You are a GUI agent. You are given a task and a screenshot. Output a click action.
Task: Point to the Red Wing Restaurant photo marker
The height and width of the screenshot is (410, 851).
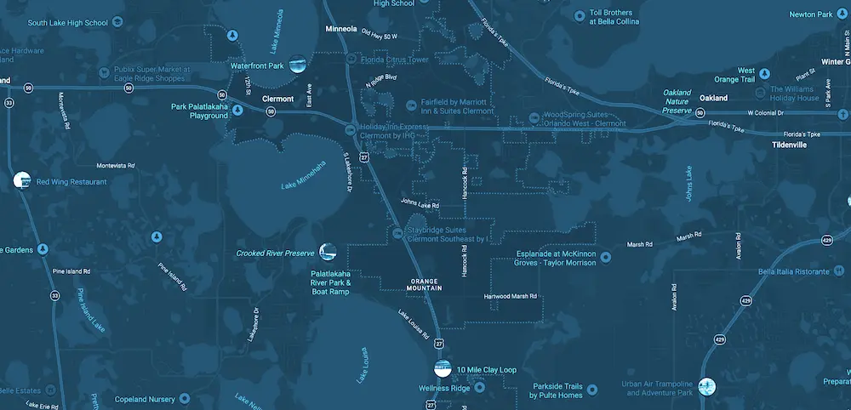click(22, 180)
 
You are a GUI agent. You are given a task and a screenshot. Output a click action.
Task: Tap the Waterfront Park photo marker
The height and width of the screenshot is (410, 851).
click(298, 64)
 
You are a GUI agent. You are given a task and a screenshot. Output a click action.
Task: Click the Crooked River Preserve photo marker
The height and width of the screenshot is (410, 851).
click(328, 252)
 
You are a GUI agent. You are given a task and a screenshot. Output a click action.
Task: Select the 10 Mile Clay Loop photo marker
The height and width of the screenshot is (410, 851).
click(443, 368)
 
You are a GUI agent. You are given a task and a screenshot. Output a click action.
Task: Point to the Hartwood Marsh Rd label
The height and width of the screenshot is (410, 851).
click(511, 297)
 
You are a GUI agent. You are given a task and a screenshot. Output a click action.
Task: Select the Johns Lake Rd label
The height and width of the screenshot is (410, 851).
click(420, 204)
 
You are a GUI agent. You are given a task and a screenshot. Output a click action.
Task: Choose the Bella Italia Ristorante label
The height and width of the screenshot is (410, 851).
click(793, 272)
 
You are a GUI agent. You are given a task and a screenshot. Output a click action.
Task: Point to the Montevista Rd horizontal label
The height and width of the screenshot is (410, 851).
click(117, 165)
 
